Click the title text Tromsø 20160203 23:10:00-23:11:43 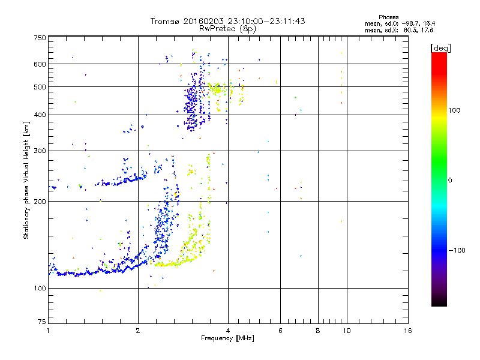click(228, 21)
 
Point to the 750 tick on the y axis click(40, 38)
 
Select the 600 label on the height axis click(40, 64)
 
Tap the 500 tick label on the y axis click(40, 87)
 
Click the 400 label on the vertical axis click(40, 115)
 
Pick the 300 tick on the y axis click(40, 151)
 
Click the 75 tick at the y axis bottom click(41, 323)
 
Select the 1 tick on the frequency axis click(48, 331)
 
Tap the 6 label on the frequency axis click(280, 331)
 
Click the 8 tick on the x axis click(318, 331)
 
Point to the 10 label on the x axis click(346, 331)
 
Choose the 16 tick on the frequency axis click(407, 331)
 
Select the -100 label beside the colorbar click(457, 250)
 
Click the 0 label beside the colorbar click(451, 180)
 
